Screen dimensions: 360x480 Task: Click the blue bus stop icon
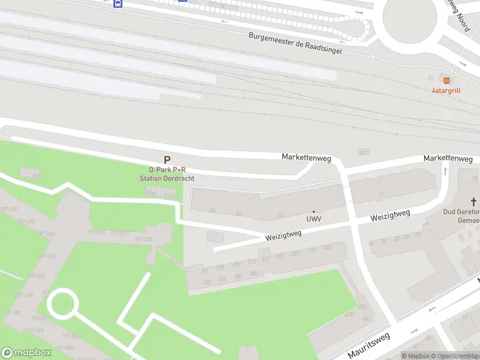pos(118,3)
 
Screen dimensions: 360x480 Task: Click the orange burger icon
pos(446,80)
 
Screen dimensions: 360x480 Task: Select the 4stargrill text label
pos(446,91)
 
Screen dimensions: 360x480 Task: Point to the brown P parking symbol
pos(167,160)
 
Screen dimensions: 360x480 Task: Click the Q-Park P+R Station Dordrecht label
pos(167,174)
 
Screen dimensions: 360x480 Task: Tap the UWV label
pos(314,218)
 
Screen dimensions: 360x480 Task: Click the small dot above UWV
pos(314,211)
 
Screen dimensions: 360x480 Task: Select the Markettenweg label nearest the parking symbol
pos(307,157)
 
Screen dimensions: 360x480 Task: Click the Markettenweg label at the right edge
pos(448,158)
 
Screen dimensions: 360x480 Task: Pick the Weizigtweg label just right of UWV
pos(390,215)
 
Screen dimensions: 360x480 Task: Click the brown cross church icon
pos(473,202)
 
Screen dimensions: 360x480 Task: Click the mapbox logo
pos(26,352)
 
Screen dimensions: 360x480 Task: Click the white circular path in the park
pos(62,304)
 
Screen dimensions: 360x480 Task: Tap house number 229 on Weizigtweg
pos(311,250)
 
